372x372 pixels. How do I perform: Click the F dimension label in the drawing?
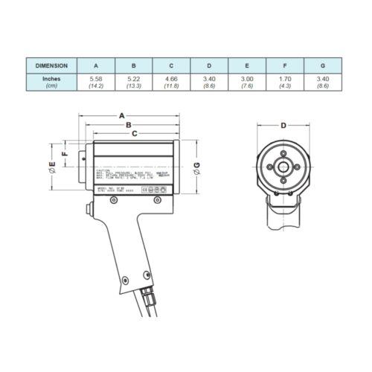65,155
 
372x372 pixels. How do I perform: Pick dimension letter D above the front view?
283,126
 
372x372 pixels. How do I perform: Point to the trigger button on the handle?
87,217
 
